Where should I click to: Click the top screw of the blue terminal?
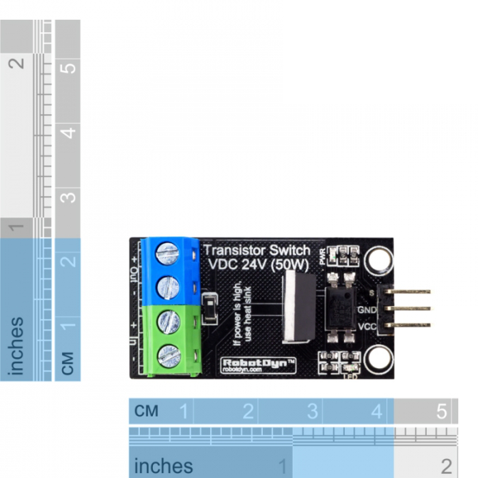point(168,254)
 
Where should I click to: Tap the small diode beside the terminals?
point(210,308)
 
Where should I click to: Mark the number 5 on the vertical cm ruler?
point(67,69)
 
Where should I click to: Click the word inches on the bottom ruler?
point(163,466)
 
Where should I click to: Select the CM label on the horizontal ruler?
point(147,411)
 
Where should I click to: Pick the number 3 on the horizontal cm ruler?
point(312,412)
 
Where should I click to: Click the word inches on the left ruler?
point(16,346)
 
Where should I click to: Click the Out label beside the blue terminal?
point(135,275)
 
